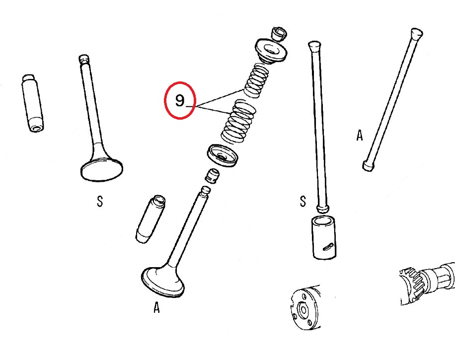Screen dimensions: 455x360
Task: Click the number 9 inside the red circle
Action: [x=180, y=101]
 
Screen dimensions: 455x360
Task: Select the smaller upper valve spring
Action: [x=256, y=80]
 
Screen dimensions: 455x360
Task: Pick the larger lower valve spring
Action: [x=238, y=122]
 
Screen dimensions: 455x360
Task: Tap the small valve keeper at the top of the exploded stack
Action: [x=279, y=34]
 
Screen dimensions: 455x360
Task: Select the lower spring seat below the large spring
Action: [x=223, y=155]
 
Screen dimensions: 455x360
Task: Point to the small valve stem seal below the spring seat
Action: [x=212, y=176]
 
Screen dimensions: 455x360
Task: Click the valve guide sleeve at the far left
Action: [x=33, y=103]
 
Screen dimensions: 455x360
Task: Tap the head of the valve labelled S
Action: [x=101, y=169]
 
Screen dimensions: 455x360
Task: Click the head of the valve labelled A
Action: [x=163, y=281]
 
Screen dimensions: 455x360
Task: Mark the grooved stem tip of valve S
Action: [x=84, y=59]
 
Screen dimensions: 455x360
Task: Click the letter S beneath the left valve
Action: [x=100, y=201]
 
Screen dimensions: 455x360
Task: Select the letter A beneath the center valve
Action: [x=156, y=307]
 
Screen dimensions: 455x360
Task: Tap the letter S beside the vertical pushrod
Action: [x=303, y=201]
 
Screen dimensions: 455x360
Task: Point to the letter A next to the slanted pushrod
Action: [x=360, y=135]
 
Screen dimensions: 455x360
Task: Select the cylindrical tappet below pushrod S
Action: [x=324, y=237]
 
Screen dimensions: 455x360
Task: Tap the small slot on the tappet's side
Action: [x=328, y=246]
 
